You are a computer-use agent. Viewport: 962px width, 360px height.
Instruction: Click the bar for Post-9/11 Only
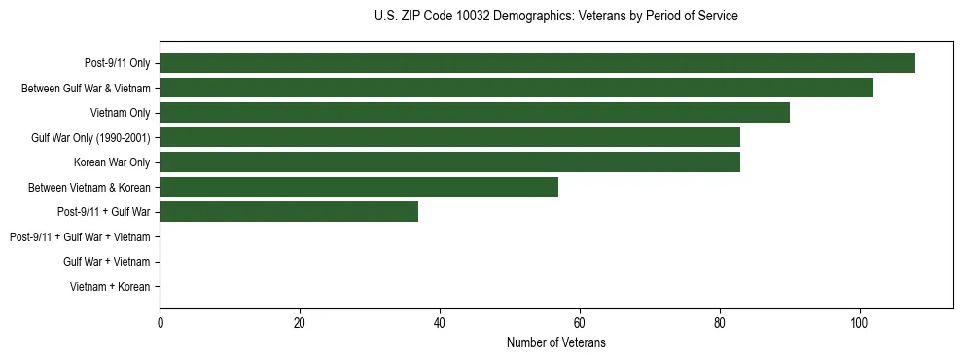click(x=537, y=63)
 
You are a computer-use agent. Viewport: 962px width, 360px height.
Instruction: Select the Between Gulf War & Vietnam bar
click(x=517, y=88)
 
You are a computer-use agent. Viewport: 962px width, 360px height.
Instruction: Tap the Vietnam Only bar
click(x=475, y=113)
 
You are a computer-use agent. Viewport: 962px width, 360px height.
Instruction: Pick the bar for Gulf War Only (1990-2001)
click(x=449, y=137)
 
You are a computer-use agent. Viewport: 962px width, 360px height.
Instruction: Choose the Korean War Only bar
click(x=449, y=162)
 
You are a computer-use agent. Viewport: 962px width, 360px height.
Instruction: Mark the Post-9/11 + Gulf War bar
click(x=289, y=212)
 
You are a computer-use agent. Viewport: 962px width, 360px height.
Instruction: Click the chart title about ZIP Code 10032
click(x=555, y=17)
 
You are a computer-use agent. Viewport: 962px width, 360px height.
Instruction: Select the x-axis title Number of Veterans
click(x=555, y=343)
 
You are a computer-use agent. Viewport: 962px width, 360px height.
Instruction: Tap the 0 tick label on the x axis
click(x=160, y=323)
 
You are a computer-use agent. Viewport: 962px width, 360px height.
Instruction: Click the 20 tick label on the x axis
click(x=300, y=323)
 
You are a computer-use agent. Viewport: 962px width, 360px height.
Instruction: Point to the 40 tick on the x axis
click(x=440, y=323)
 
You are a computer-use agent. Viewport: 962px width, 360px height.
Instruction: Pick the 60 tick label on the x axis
click(x=580, y=323)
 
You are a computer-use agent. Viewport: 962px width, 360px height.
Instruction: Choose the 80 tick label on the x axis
click(x=719, y=323)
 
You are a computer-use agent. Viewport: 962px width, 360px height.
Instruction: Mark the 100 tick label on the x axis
click(x=859, y=323)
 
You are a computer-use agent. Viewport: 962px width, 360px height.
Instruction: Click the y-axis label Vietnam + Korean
click(x=109, y=287)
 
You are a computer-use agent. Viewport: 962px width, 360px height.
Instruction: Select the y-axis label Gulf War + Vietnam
click(x=106, y=262)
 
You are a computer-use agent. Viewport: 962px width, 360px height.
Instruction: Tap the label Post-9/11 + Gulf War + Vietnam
click(x=80, y=237)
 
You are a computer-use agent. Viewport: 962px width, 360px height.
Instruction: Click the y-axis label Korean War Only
click(x=112, y=162)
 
